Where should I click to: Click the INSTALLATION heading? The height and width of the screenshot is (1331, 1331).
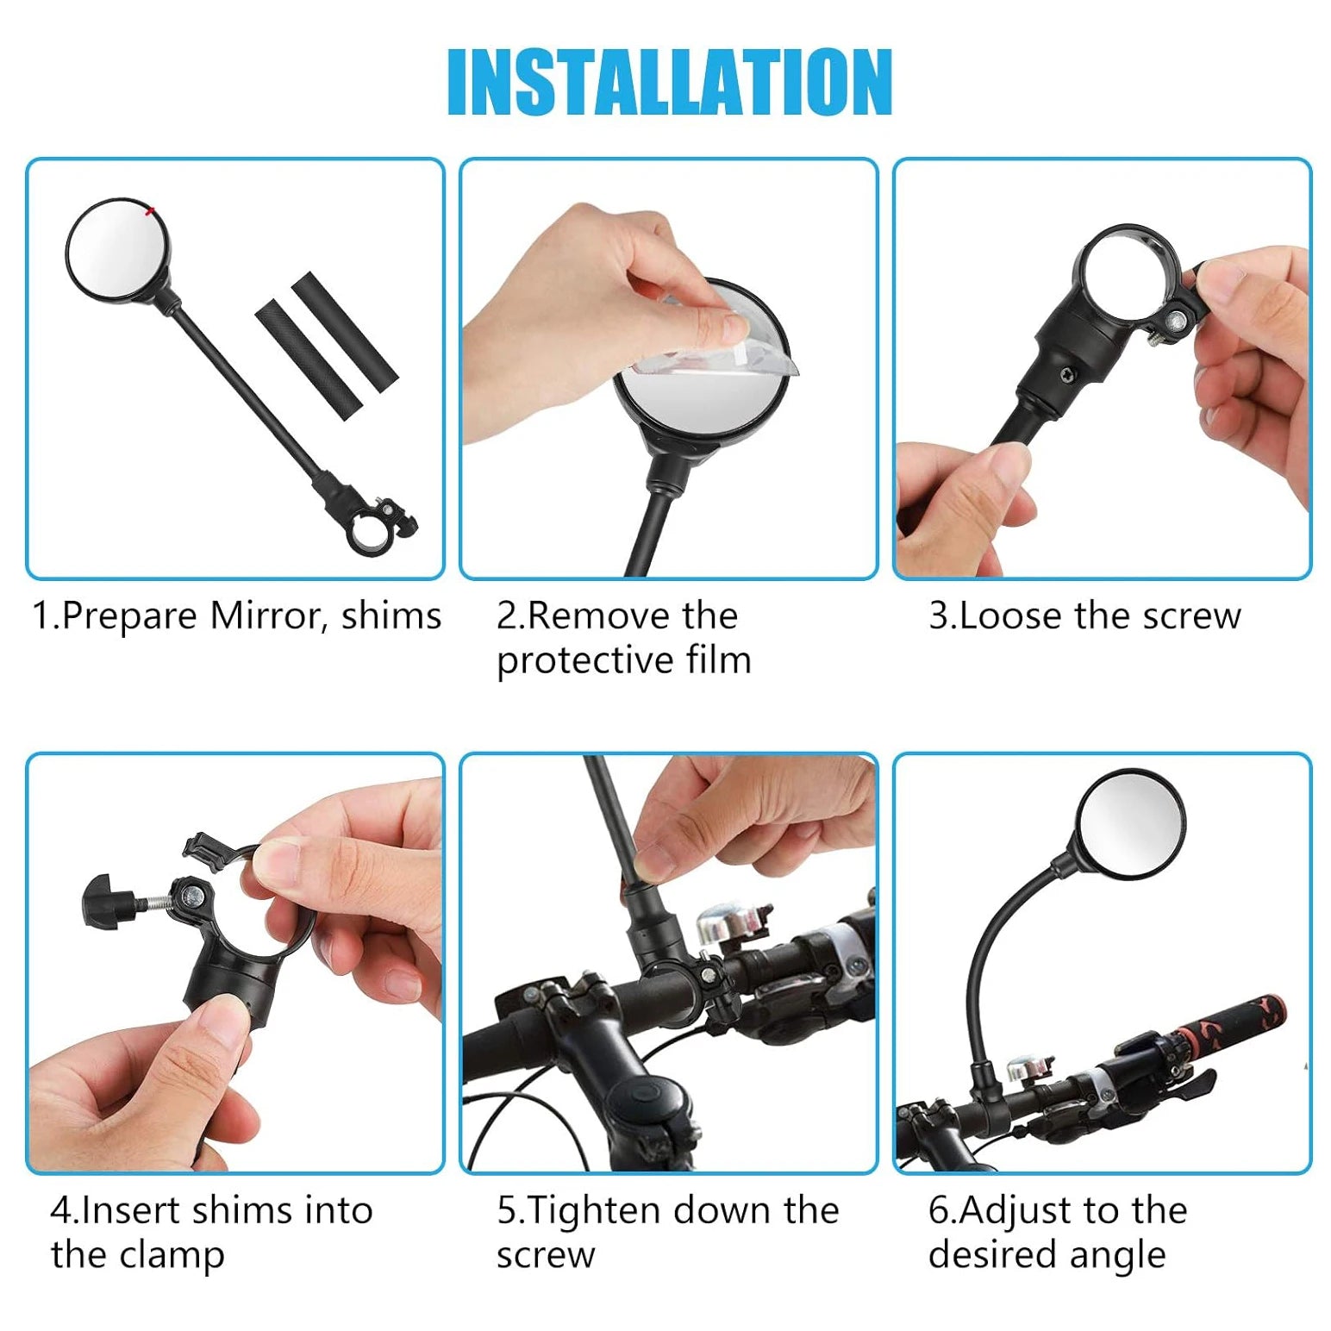point(670,82)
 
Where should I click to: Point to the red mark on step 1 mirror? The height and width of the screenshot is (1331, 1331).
point(152,210)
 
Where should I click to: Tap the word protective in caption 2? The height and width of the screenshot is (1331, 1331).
point(583,661)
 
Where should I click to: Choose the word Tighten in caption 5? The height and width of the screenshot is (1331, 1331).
point(595,1210)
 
